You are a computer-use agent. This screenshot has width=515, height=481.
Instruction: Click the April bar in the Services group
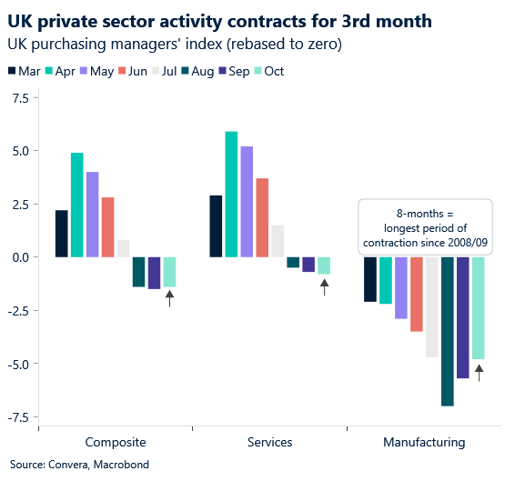[231, 195]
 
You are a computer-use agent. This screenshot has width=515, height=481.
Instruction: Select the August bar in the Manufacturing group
[448, 331]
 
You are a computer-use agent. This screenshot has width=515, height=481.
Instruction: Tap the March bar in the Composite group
[61, 234]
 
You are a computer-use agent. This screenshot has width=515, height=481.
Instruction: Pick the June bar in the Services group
[262, 217]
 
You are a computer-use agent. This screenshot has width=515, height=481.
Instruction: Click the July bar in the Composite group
[123, 248]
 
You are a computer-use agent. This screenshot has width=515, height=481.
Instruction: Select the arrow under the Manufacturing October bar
[479, 371]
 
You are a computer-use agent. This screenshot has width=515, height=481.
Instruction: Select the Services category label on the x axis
[269, 442]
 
